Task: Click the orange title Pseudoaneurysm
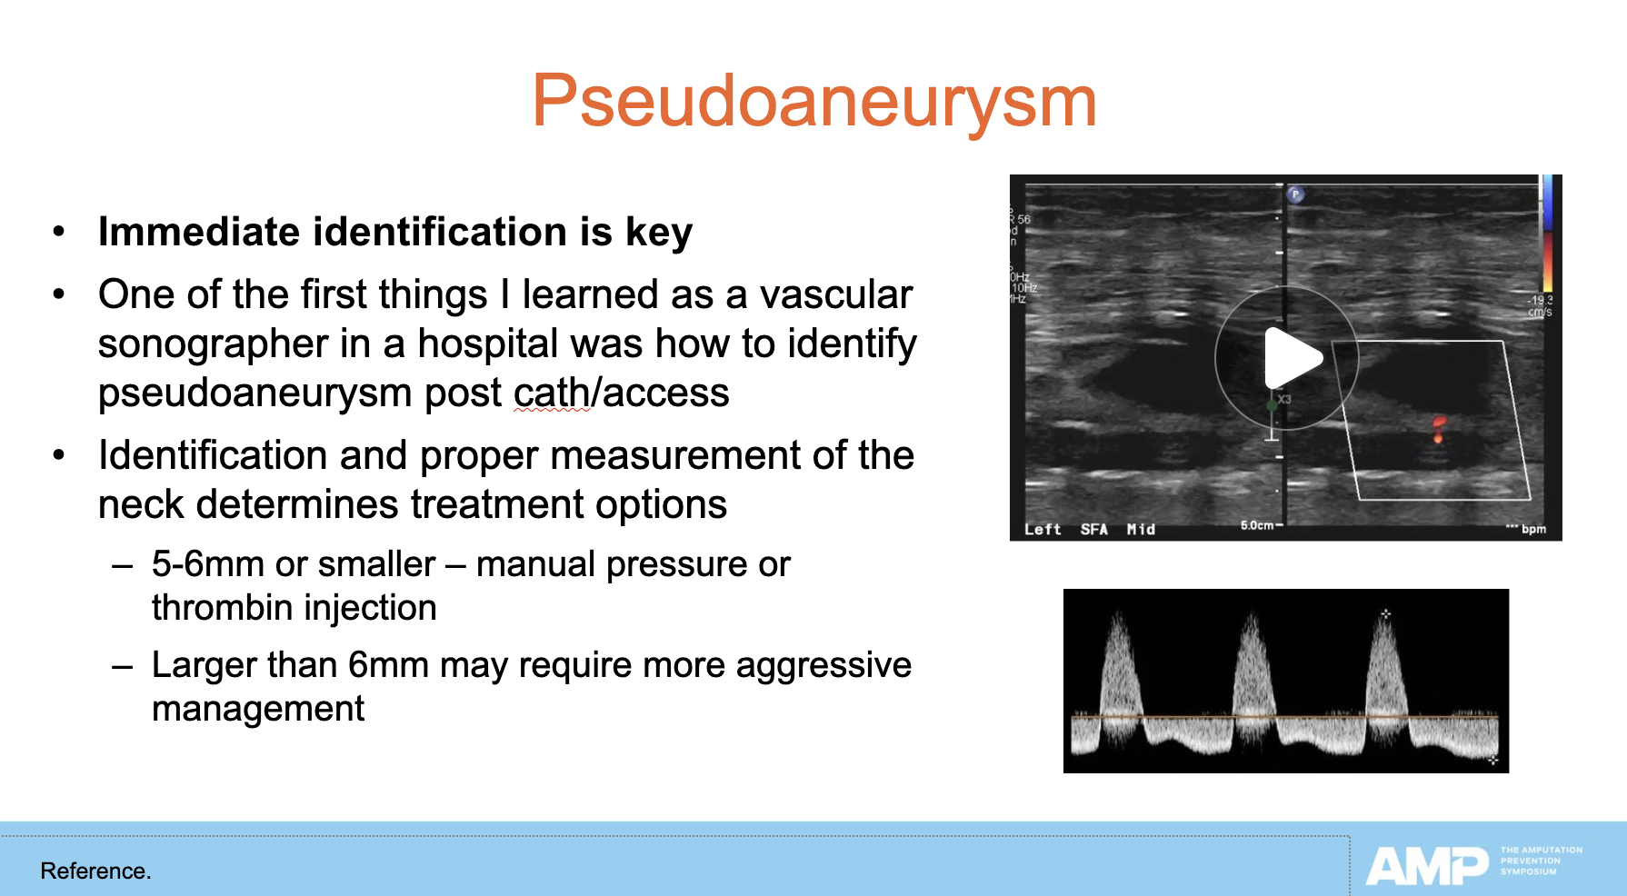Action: [813, 102]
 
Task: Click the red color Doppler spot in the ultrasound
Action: [1439, 428]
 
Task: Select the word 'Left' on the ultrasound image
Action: [1043, 529]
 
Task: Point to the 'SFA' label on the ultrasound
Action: [1093, 529]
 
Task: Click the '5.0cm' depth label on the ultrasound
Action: [1259, 525]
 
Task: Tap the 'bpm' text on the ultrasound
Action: [1533, 529]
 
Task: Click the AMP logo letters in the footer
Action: [1426, 865]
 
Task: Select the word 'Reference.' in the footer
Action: [95, 871]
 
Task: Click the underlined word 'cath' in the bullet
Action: [552, 393]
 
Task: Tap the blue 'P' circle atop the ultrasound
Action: [1296, 194]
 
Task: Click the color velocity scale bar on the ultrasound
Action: [1547, 232]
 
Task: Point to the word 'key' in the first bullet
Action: [659, 233]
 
